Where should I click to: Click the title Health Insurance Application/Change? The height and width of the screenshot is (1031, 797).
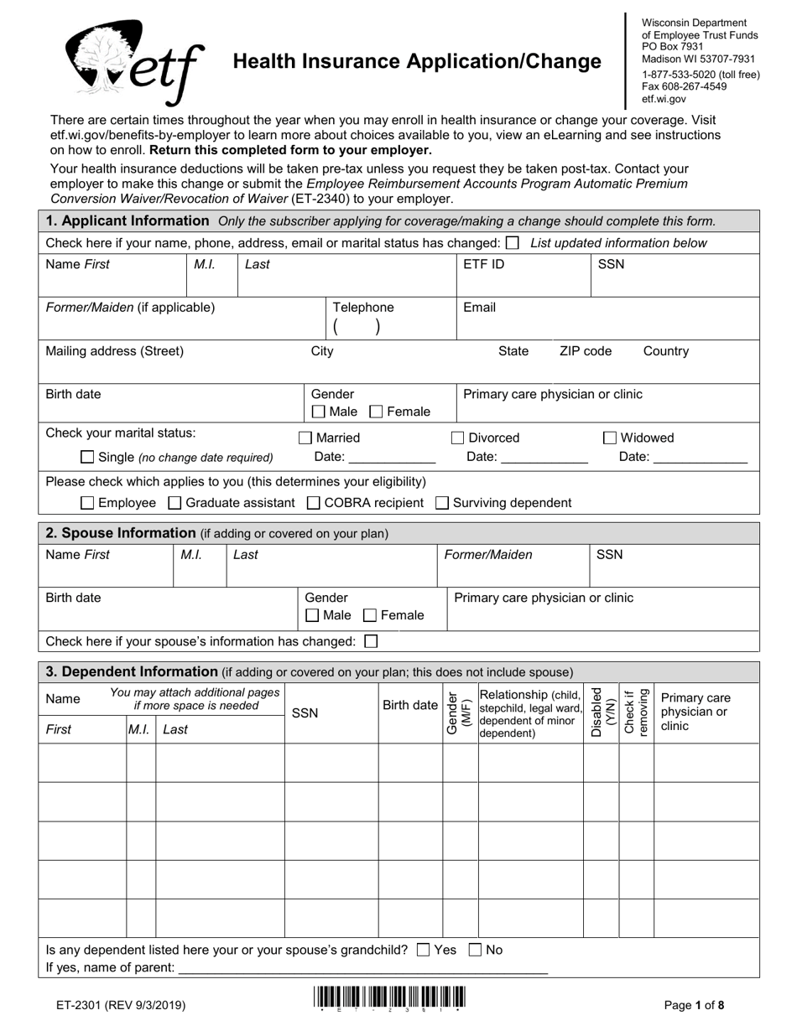point(416,61)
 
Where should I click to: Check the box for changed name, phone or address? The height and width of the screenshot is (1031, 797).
point(513,243)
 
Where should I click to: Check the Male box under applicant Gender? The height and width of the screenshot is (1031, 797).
point(318,412)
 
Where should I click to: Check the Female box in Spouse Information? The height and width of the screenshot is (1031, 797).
point(370,615)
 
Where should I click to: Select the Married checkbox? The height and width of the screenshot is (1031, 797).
point(306,438)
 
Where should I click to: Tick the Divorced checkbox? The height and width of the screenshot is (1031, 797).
point(458,438)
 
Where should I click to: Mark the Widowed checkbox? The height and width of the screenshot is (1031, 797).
point(610,438)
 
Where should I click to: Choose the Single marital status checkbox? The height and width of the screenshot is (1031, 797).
point(87,457)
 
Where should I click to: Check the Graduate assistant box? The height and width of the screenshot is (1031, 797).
point(175,503)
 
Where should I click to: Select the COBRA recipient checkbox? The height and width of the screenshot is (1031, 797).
point(313,503)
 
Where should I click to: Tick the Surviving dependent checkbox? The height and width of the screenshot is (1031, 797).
point(442,503)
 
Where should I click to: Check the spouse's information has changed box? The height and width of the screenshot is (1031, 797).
point(372,641)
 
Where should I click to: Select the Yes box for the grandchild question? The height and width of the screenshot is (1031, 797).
point(423,950)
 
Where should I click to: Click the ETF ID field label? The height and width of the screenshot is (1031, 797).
point(484,264)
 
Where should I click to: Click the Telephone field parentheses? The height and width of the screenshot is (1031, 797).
point(357,327)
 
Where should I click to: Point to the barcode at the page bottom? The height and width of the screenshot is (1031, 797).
point(389,997)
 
